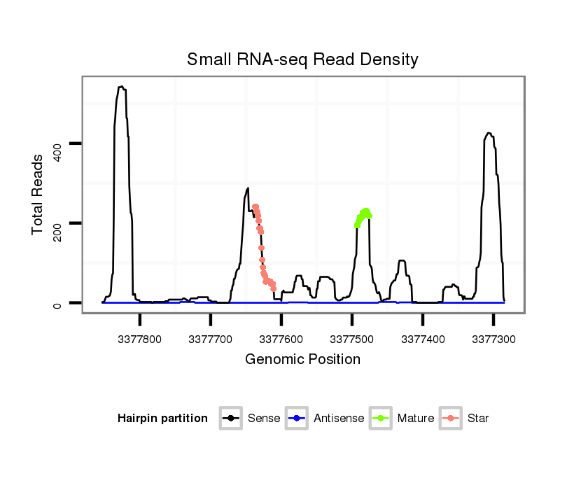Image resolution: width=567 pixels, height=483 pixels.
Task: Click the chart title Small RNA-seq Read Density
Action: click(x=302, y=59)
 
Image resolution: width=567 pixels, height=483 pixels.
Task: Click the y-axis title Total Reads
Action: click(x=38, y=194)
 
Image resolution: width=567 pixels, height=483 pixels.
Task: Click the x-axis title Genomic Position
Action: click(x=302, y=360)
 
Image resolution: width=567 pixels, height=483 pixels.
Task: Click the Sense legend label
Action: click(x=264, y=419)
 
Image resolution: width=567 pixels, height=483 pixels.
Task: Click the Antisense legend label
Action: click(x=339, y=419)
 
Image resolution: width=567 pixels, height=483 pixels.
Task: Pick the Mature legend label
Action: click(x=416, y=419)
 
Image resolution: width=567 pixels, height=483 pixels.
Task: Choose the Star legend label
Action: click(x=478, y=419)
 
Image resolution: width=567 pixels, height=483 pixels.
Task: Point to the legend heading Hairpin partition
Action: click(x=162, y=419)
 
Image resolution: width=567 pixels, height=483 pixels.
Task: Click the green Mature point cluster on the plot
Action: click(x=363, y=216)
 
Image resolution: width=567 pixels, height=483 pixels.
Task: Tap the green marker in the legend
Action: click(x=381, y=419)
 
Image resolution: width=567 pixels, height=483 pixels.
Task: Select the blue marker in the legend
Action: click(x=297, y=419)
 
